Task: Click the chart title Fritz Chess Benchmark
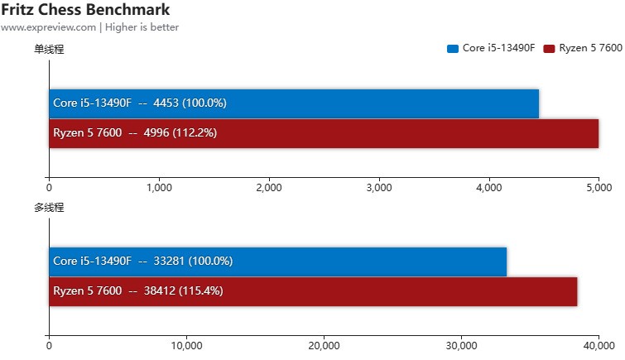[x=86, y=10]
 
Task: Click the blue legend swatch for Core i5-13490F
[x=453, y=49]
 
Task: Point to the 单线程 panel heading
[x=49, y=49]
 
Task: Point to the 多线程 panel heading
[x=49, y=207]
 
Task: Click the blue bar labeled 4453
[x=294, y=103]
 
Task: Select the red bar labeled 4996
[x=324, y=132]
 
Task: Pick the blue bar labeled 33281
[x=277, y=262]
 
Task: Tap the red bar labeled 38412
[x=313, y=291]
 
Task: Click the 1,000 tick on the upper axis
[x=159, y=187]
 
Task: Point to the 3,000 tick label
[x=378, y=187]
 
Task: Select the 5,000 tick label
[x=599, y=187]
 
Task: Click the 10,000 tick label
[x=186, y=346]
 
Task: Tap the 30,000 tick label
[x=461, y=346]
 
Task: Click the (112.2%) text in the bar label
[x=195, y=132]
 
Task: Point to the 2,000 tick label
[x=269, y=187]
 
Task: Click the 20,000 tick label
[x=324, y=346]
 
